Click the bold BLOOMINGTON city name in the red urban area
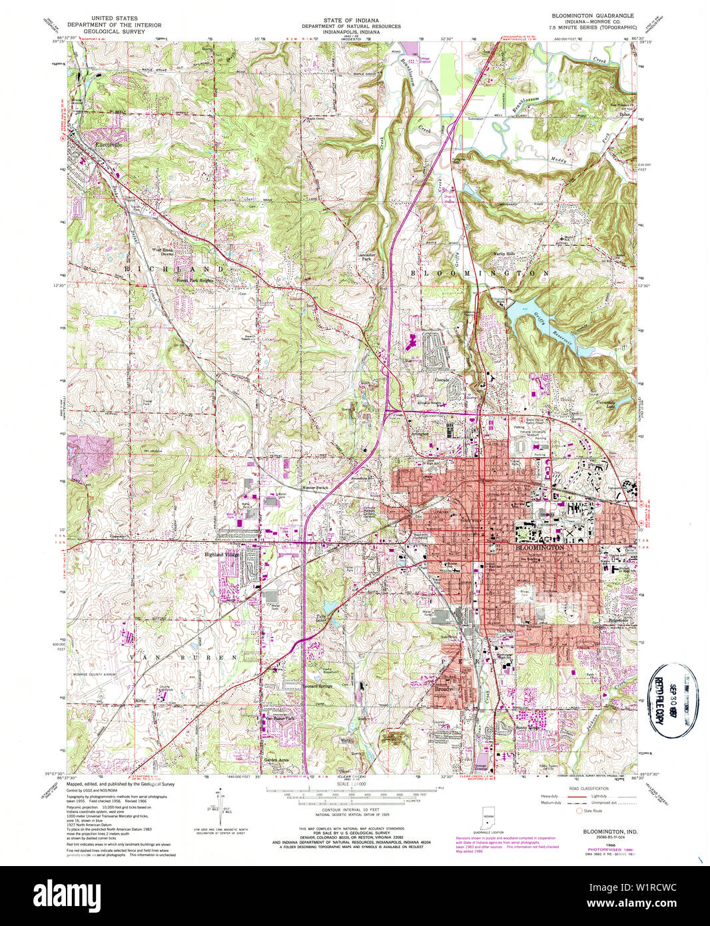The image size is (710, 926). pos(540,547)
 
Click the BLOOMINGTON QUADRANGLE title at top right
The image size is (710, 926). pos(592,15)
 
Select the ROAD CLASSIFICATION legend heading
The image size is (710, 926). pos(590,787)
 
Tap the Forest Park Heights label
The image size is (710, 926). pos(194,280)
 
